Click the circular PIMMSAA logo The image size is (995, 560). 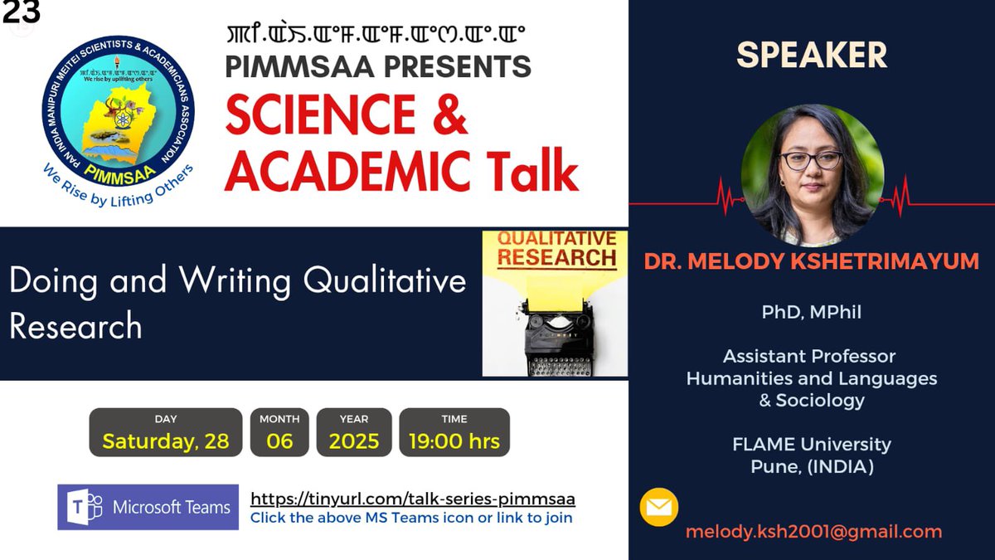[119, 116]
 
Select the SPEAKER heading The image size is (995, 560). [812, 55]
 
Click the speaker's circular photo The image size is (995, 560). [812, 175]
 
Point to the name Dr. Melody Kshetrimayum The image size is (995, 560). [812, 262]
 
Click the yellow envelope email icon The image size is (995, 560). [659, 508]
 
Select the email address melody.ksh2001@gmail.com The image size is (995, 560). [813, 532]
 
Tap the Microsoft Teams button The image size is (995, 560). [148, 507]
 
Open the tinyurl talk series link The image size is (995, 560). [412, 499]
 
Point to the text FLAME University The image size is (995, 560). [811, 444]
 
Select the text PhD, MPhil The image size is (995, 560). [811, 312]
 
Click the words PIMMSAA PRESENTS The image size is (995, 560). [377, 66]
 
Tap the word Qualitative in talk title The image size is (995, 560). [384, 281]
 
